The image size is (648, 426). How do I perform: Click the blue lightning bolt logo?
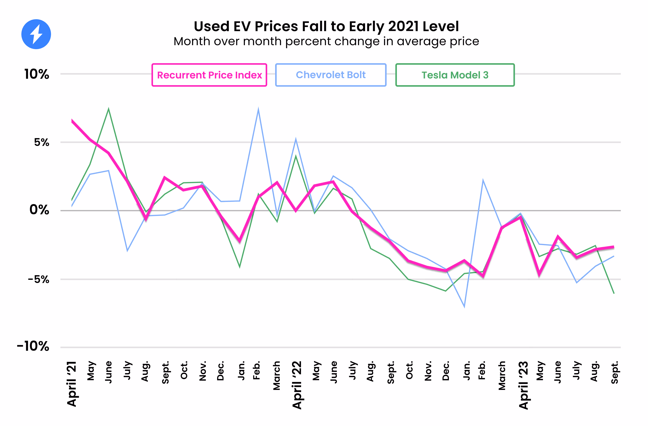(x=36, y=34)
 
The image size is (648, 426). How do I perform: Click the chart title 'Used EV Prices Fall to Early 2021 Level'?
(x=326, y=26)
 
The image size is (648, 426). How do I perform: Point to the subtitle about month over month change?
(x=326, y=41)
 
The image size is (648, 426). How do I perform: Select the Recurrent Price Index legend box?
(x=209, y=75)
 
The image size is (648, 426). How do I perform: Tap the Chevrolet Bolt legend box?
(x=331, y=75)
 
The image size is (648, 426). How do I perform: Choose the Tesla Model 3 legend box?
(x=455, y=75)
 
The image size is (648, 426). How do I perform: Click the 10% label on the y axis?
(x=37, y=74)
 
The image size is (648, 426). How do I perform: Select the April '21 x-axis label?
(x=72, y=384)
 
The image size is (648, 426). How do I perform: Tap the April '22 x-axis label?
(x=297, y=385)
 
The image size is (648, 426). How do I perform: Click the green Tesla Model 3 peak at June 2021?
(x=109, y=109)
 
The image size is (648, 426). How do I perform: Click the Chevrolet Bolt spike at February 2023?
(x=483, y=180)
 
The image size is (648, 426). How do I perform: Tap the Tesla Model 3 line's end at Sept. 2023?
(x=614, y=293)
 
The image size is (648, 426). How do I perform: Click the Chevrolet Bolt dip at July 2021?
(x=127, y=251)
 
